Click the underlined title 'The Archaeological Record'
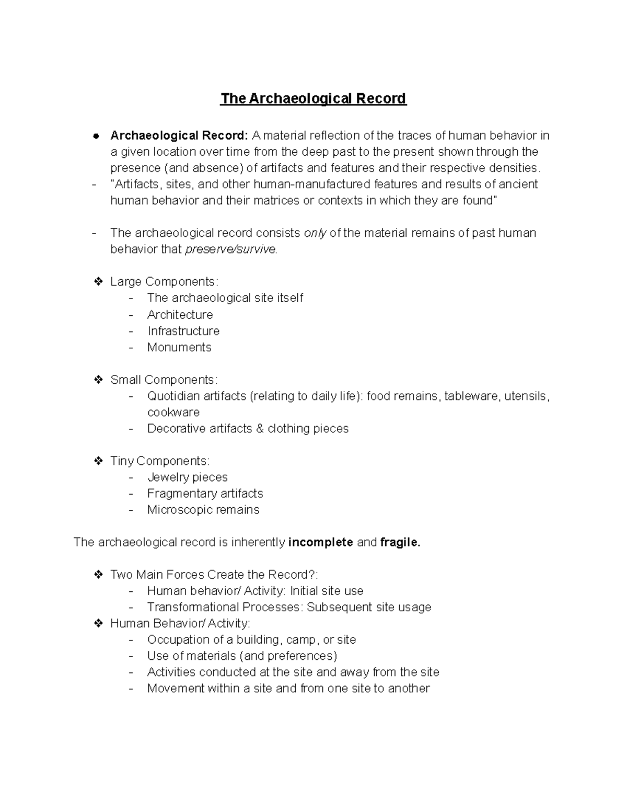point(313,99)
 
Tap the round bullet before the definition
point(96,136)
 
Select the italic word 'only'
point(315,233)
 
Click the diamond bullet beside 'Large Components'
point(98,282)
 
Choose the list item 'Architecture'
point(180,315)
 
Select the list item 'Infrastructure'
point(183,331)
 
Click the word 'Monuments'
point(179,347)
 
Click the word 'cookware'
point(173,413)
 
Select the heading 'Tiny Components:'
point(160,461)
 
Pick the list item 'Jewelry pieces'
point(187,477)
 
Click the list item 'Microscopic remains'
point(203,510)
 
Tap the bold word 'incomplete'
point(320,543)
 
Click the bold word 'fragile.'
point(400,543)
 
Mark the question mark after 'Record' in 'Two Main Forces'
point(312,575)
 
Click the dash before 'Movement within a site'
point(131,689)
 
